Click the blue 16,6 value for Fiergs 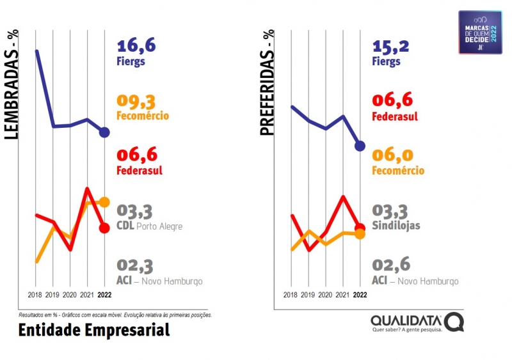click(x=136, y=45)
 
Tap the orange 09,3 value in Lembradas click(x=136, y=101)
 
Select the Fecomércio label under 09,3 click(x=143, y=116)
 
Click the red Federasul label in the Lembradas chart click(x=140, y=171)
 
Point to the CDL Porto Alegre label click(x=150, y=226)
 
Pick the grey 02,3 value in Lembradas click(x=135, y=265)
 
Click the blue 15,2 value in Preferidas click(x=392, y=45)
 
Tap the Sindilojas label click(x=395, y=226)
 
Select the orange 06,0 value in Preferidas click(x=392, y=155)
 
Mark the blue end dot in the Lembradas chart click(x=105, y=132)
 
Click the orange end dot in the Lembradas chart click(x=105, y=202)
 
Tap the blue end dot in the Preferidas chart click(x=360, y=146)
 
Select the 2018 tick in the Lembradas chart click(x=35, y=295)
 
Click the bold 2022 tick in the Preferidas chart click(x=360, y=295)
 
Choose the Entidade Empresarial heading click(x=94, y=330)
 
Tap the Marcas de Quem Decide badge click(x=480, y=31)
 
